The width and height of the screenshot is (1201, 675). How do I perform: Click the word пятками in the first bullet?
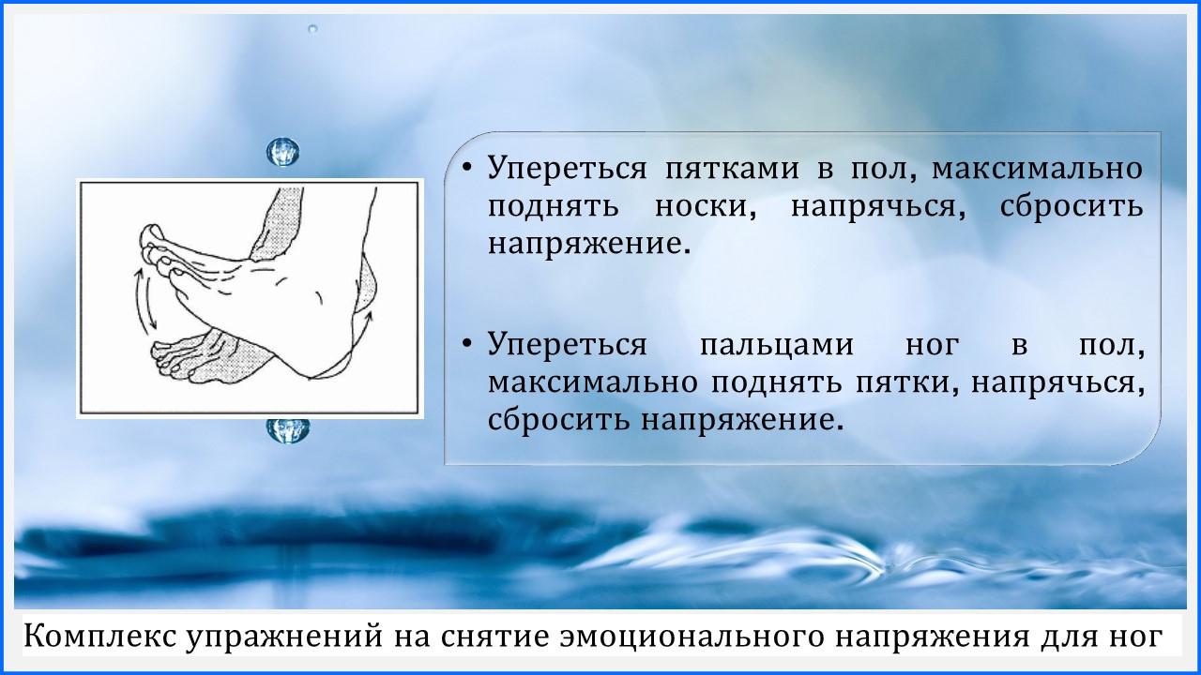pos(732,168)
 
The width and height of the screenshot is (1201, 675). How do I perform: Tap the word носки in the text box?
pos(706,206)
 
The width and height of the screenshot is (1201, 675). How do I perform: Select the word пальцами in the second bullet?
pos(777,345)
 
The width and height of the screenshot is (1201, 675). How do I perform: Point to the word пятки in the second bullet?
pos(907,382)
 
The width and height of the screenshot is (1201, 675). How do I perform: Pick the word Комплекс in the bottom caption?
pos(99,637)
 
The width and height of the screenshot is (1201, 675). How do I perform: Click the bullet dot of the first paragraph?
pos(467,167)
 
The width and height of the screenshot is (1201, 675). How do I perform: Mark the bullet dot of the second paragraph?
pos(467,342)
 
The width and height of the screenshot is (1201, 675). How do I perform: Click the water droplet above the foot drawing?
pos(283,152)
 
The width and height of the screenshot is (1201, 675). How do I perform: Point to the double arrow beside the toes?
pos(144,300)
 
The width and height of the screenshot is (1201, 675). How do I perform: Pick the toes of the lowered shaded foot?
pos(173,359)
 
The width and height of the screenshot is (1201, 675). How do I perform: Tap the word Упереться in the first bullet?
pos(568,168)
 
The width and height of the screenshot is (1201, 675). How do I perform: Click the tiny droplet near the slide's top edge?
pos(313,29)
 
